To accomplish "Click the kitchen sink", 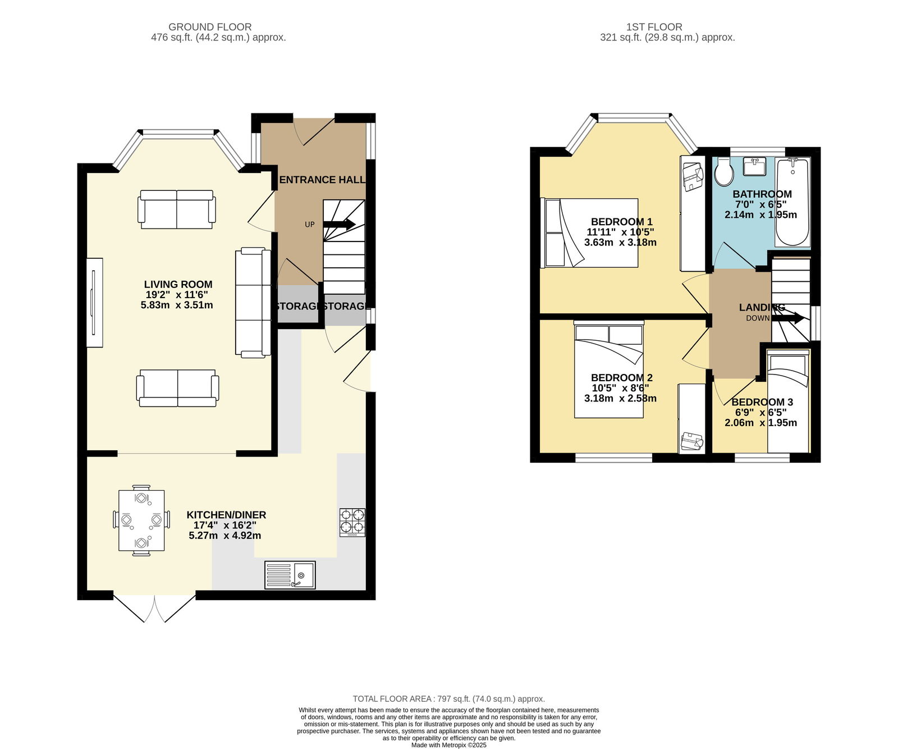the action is point(290,575).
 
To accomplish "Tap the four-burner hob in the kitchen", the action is point(352,522).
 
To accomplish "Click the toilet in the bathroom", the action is point(723,171).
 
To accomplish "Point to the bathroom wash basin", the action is point(754,167).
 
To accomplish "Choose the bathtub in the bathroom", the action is point(792,202).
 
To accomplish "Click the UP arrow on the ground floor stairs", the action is point(339,224).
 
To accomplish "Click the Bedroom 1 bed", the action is point(589,232).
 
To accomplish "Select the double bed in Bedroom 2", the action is point(609,369).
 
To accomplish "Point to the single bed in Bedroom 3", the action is point(789,401).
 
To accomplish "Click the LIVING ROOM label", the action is point(178,284).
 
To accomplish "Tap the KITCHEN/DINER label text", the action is point(226,515).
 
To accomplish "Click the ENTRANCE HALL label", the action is point(322,180).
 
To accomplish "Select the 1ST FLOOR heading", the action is point(654,27).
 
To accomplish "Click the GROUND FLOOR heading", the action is point(210,27).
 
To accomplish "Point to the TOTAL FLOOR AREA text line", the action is point(449,699).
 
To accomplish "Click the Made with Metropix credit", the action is point(449,746).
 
